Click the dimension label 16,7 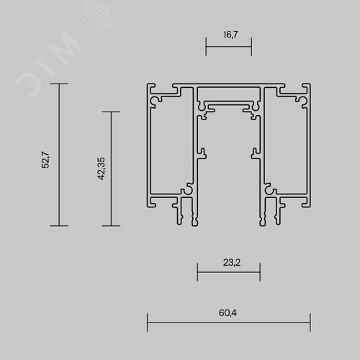coord(230,35)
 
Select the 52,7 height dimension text coord(45,160)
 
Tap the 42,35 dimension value coord(102,168)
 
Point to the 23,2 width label coord(232,262)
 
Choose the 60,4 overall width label coord(228,312)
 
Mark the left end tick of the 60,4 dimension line coord(147,323)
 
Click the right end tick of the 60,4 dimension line coord(310,323)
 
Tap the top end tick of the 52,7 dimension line coord(59,84)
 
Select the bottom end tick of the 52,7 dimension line coord(59,226)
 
